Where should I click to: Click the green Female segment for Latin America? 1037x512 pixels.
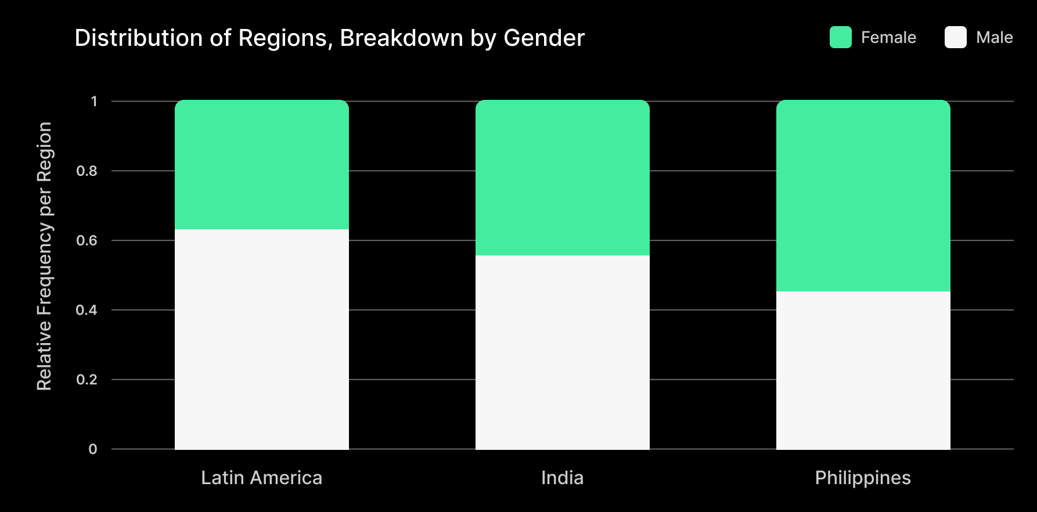pyautogui.click(x=261, y=165)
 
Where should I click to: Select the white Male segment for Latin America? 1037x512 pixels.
pyautogui.click(x=261, y=339)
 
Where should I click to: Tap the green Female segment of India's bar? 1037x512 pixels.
pyautogui.click(x=562, y=178)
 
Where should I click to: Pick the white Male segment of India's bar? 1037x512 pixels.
pyautogui.click(x=562, y=352)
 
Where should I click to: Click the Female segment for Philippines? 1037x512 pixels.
pyautogui.click(x=863, y=196)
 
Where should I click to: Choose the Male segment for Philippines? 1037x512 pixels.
pyautogui.click(x=863, y=370)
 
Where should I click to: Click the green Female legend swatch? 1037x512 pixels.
pyautogui.click(x=840, y=37)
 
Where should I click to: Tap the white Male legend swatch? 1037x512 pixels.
pyautogui.click(x=955, y=37)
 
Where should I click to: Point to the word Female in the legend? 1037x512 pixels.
pyautogui.click(x=888, y=38)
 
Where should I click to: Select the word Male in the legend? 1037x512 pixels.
pyautogui.click(x=994, y=38)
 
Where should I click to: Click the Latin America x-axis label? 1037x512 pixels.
pyautogui.click(x=261, y=478)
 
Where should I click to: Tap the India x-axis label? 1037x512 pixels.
pyautogui.click(x=562, y=478)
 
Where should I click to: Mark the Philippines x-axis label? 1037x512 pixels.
pyautogui.click(x=863, y=478)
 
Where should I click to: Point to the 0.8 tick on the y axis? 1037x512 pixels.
pyautogui.click(x=87, y=171)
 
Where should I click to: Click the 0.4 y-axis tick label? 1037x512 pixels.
pyautogui.click(x=87, y=310)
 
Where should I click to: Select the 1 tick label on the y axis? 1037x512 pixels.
pyautogui.click(x=94, y=102)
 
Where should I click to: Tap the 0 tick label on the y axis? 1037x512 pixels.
pyautogui.click(x=93, y=449)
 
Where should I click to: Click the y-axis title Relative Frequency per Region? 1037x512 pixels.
pyautogui.click(x=44, y=256)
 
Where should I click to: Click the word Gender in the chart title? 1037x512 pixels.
pyautogui.click(x=543, y=38)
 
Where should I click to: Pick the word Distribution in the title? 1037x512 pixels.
pyautogui.click(x=139, y=38)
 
